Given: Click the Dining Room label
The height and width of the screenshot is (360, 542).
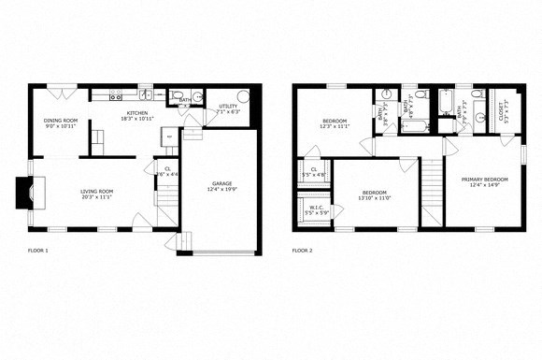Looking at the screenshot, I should pyautogui.click(x=61, y=121).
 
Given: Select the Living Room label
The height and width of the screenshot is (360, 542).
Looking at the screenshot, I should pyautogui.click(x=96, y=192).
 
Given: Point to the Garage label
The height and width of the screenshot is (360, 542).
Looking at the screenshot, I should pyautogui.click(x=221, y=183).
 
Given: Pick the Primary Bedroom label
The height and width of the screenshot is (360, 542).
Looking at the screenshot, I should pyautogui.click(x=483, y=179).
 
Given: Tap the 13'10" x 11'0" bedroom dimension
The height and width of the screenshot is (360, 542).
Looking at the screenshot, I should pyautogui.click(x=372, y=198).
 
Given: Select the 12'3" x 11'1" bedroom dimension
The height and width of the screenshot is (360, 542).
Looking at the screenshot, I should pyautogui.click(x=335, y=126).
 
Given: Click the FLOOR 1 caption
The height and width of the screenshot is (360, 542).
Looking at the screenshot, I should pyautogui.click(x=38, y=251).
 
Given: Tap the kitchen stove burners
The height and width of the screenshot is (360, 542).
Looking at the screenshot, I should pyautogui.click(x=115, y=95).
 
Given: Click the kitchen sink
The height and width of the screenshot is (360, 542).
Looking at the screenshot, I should pyautogui.click(x=147, y=94).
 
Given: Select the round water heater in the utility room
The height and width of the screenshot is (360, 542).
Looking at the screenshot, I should pyautogui.click(x=243, y=96).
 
